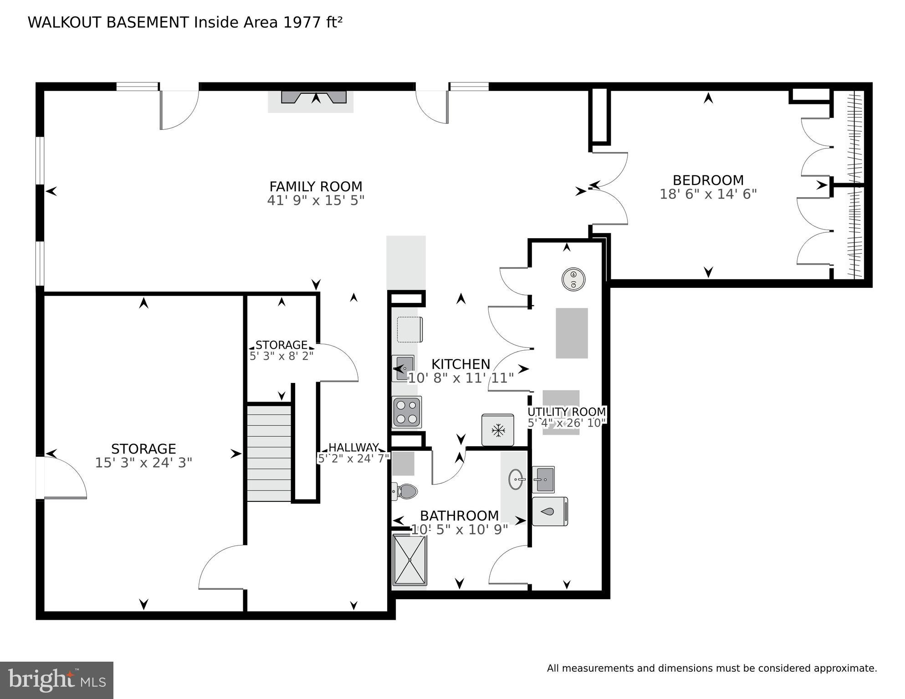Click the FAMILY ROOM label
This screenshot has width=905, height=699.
316,187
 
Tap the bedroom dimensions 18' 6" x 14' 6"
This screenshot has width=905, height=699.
708,194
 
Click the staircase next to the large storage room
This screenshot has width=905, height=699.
269,454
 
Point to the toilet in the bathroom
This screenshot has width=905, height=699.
405,491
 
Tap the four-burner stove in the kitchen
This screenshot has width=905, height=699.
407,412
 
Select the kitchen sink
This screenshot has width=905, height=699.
404,368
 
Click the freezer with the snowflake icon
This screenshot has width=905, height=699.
498,430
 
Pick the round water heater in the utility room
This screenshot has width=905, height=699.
573,278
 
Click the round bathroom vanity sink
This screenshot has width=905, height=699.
516,480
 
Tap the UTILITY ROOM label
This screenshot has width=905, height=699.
567,412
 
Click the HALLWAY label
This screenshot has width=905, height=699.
353,448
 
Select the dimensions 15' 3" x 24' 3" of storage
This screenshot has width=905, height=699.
143,463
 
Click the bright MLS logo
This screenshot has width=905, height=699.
56,680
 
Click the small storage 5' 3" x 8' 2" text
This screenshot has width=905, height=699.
281,356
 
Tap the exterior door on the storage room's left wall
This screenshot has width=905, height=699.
64,478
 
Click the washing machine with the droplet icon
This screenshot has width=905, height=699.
550,511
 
